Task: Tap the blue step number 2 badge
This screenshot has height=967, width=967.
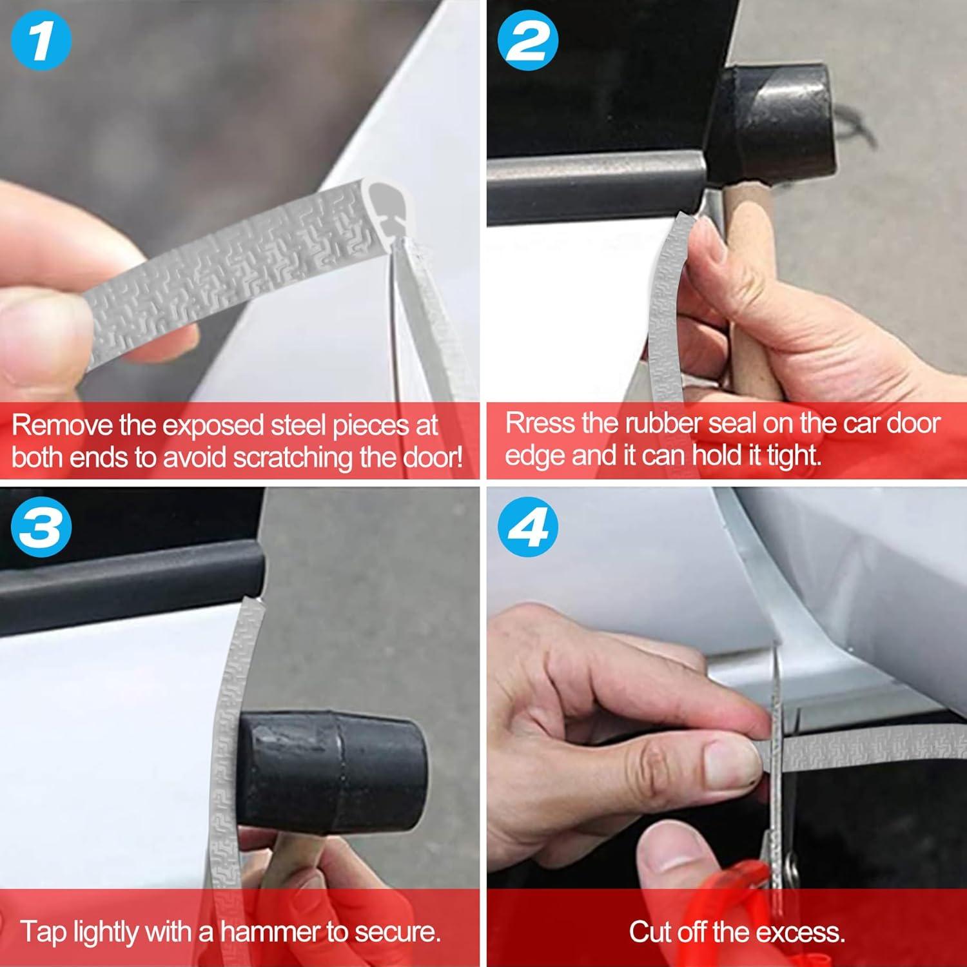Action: [x=529, y=40]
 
